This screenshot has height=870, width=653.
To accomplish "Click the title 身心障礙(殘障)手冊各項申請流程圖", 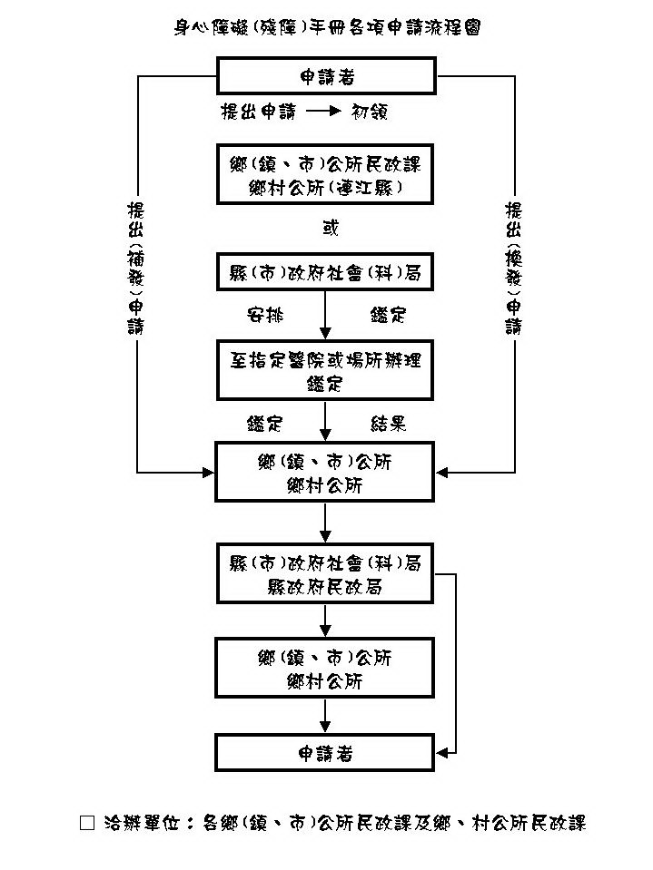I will [326, 27].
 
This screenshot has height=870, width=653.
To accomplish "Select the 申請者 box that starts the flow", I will [326, 75].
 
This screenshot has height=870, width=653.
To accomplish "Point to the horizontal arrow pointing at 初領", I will [322, 112].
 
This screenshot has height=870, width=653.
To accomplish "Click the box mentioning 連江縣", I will [326, 175].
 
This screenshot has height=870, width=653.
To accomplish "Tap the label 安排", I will [265, 315].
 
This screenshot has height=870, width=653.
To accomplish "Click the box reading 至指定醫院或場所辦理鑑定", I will [326, 369].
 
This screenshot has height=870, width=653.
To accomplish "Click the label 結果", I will [388, 423].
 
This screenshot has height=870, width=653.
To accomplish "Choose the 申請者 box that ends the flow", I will [326, 753].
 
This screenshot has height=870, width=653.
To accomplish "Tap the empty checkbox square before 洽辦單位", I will [87, 823].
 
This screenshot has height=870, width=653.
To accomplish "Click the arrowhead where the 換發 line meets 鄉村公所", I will [443, 473].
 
